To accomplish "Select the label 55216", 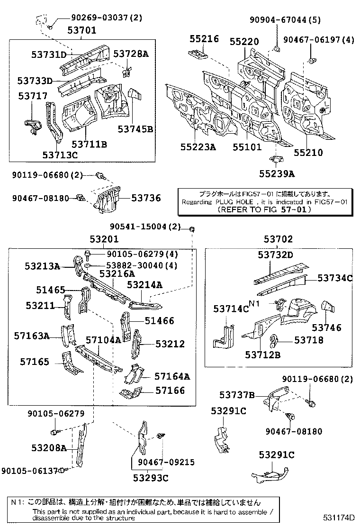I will [204, 39].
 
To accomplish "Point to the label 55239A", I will [276, 174].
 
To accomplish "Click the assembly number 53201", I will [105, 239].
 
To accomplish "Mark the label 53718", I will [308, 340].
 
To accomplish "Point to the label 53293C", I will [150, 478].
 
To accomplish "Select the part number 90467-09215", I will [166, 462].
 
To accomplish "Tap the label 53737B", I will [237, 395].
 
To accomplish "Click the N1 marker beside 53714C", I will [255, 304].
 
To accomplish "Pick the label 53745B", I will [135, 129].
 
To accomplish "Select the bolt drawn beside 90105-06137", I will [68, 470].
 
